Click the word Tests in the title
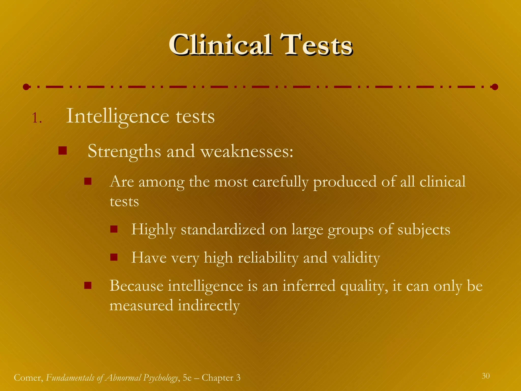316,45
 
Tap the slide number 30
485,376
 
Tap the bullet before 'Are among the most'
88,181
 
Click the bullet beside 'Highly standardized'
114,229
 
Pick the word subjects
424,230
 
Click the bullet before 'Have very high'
114,257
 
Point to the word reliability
268,258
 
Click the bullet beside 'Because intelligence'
88,286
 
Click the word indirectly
209,305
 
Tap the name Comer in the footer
28,378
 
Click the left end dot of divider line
26,87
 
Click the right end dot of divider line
495,87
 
